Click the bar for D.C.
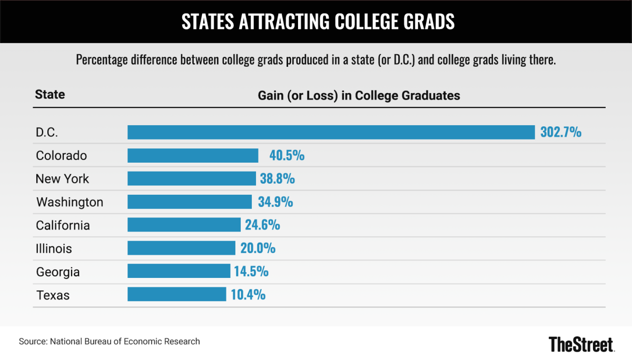(331, 132)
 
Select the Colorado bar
(193, 155)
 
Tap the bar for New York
(192, 178)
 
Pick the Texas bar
(176, 294)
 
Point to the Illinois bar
(181, 248)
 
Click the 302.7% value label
(561, 132)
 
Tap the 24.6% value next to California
(262, 225)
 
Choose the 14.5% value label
(251, 271)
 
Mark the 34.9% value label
(275, 202)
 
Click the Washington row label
(70, 202)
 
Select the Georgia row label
(58, 272)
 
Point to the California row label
(63, 225)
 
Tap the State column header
(50, 95)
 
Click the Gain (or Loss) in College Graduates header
(359, 95)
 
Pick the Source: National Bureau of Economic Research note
(110, 342)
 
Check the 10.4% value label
(248, 294)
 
